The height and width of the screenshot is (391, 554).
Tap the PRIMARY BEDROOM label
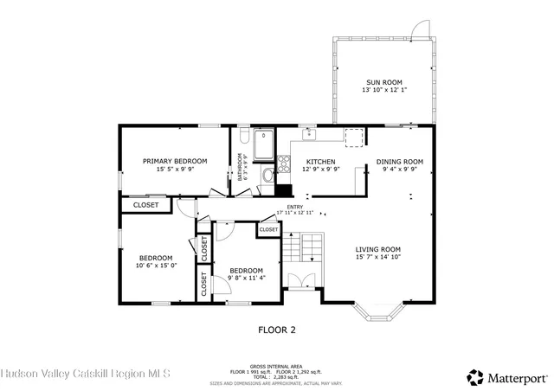tap(175, 161)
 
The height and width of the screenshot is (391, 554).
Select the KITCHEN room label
tap(321, 161)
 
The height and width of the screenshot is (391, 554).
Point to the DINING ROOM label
tap(399, 161)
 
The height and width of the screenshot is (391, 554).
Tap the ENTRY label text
tap(295, 207)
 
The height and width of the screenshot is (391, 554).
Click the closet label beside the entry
tap(268, 229)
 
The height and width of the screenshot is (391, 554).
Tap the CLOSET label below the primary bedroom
tap(145, 205)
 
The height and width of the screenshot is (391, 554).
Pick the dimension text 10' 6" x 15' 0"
tap(156, 266)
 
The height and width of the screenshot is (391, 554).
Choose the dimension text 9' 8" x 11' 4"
tap(247, 278)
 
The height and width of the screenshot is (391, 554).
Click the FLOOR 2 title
tap(277, 330)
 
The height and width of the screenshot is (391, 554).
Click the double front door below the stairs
tap(300, 281)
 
